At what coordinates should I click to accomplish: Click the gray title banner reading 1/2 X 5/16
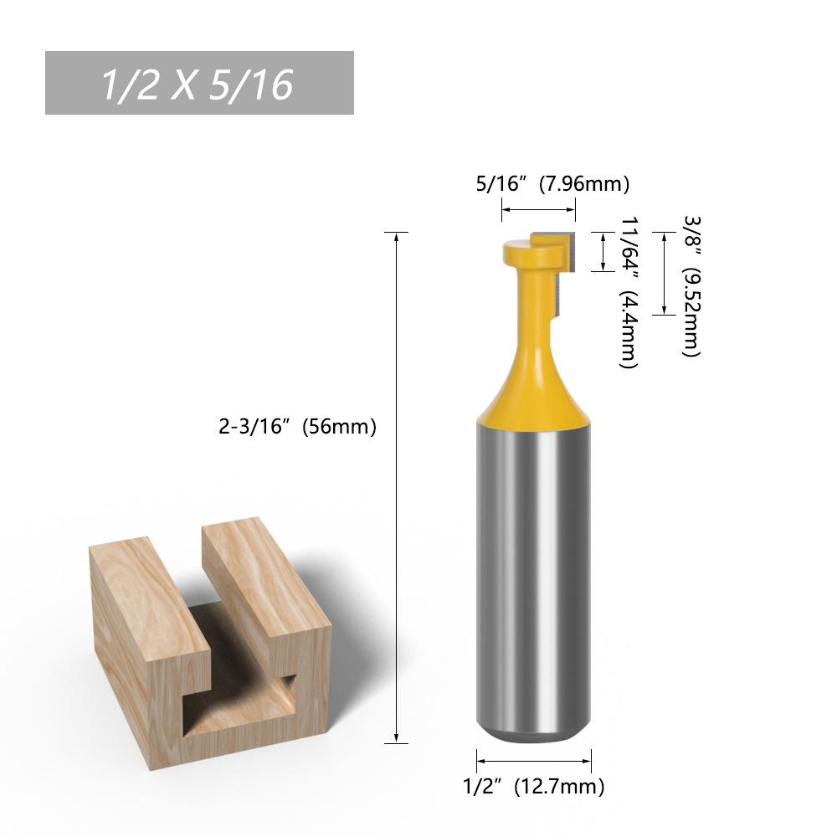[x=199, y=83]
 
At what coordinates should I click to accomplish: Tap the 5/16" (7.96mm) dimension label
[x=552, y=184]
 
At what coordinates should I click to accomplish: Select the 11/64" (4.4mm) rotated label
[x=629, y=291]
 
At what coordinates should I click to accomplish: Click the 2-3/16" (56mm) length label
[x=297, y=427]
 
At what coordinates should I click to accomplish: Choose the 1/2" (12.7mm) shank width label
[x=534, y=786]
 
